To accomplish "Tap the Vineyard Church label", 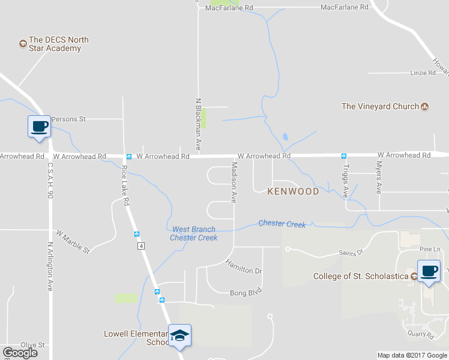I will click(380, 106).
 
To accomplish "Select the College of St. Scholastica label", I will click(361, 277).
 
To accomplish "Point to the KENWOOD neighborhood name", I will click(293, 191).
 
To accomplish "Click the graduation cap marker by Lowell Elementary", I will click(179, 335).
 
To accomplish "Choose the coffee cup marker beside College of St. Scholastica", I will click(429, 271).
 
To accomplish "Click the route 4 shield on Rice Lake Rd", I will click(140, 246).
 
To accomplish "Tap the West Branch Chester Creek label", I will click(193, 233).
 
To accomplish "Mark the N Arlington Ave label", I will click(50, 266).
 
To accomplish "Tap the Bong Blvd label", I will click(247, 293).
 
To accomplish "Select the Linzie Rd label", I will click(423, 73).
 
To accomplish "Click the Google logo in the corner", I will click(20, 353).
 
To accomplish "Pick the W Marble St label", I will click(73, 241).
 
